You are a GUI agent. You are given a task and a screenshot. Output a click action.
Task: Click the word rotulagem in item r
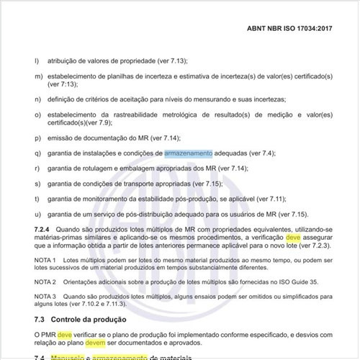coord(96,168)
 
